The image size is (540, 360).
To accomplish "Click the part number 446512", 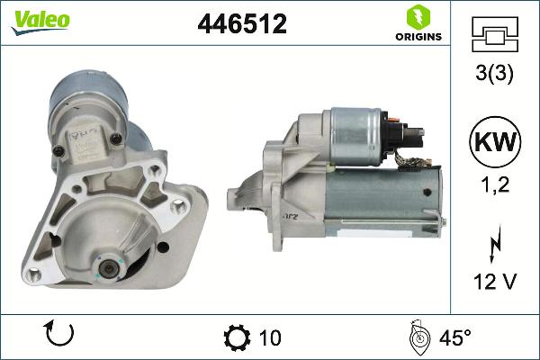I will point(241,25).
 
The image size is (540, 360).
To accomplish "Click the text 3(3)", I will point(493,76).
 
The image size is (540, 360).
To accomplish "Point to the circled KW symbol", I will point(493,142).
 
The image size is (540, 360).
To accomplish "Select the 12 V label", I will point(493,283).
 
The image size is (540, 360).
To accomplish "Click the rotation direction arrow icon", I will point(58,337).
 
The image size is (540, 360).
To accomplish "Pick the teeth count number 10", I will point(269,337).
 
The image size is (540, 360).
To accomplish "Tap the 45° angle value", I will point(454,337).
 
